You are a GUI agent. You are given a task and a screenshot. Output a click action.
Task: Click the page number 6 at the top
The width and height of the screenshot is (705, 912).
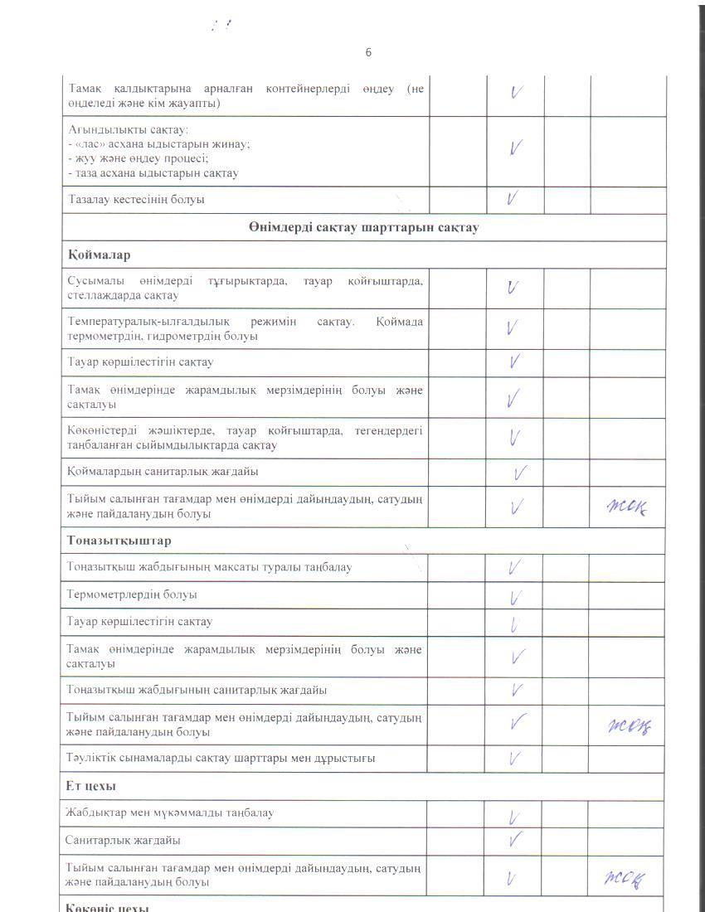point(368,52)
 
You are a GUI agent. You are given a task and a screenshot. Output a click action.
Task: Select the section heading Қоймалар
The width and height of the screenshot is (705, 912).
point(99,255)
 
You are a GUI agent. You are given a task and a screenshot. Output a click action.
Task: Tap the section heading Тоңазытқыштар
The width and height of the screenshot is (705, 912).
point(119,541)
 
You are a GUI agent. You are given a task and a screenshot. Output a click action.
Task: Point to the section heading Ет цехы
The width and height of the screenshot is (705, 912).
point(90,785)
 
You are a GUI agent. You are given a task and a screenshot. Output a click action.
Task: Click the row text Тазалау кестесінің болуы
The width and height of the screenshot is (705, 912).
point(136,200)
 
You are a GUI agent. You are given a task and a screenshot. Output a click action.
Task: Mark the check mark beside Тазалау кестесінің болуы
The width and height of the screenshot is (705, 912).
point(513,198)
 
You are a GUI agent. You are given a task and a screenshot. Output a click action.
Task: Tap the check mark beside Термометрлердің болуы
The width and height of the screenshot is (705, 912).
point(515,597)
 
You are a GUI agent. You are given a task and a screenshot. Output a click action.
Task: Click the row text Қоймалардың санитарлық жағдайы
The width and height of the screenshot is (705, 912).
point(163,471)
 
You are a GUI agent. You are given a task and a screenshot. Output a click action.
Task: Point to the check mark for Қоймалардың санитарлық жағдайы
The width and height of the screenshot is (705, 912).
point(521,473)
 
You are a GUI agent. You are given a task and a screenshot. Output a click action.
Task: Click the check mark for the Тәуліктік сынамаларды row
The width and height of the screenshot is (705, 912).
point(514,757)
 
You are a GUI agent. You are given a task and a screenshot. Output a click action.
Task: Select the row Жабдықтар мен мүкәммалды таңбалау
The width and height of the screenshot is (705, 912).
point(169,813)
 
